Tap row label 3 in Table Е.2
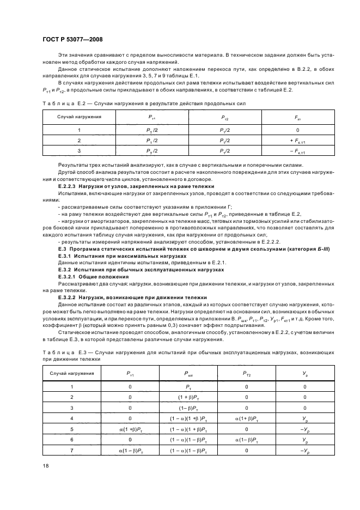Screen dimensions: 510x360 point(80,150)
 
